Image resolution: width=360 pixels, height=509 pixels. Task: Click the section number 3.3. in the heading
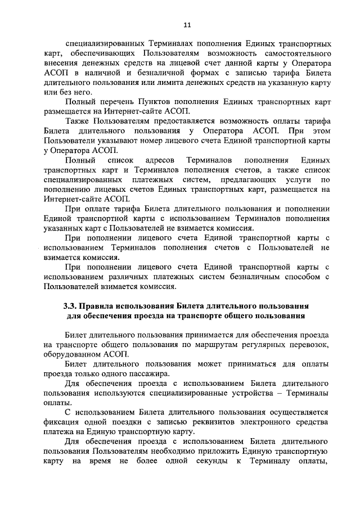pyautogui.click(x=69, y=307)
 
